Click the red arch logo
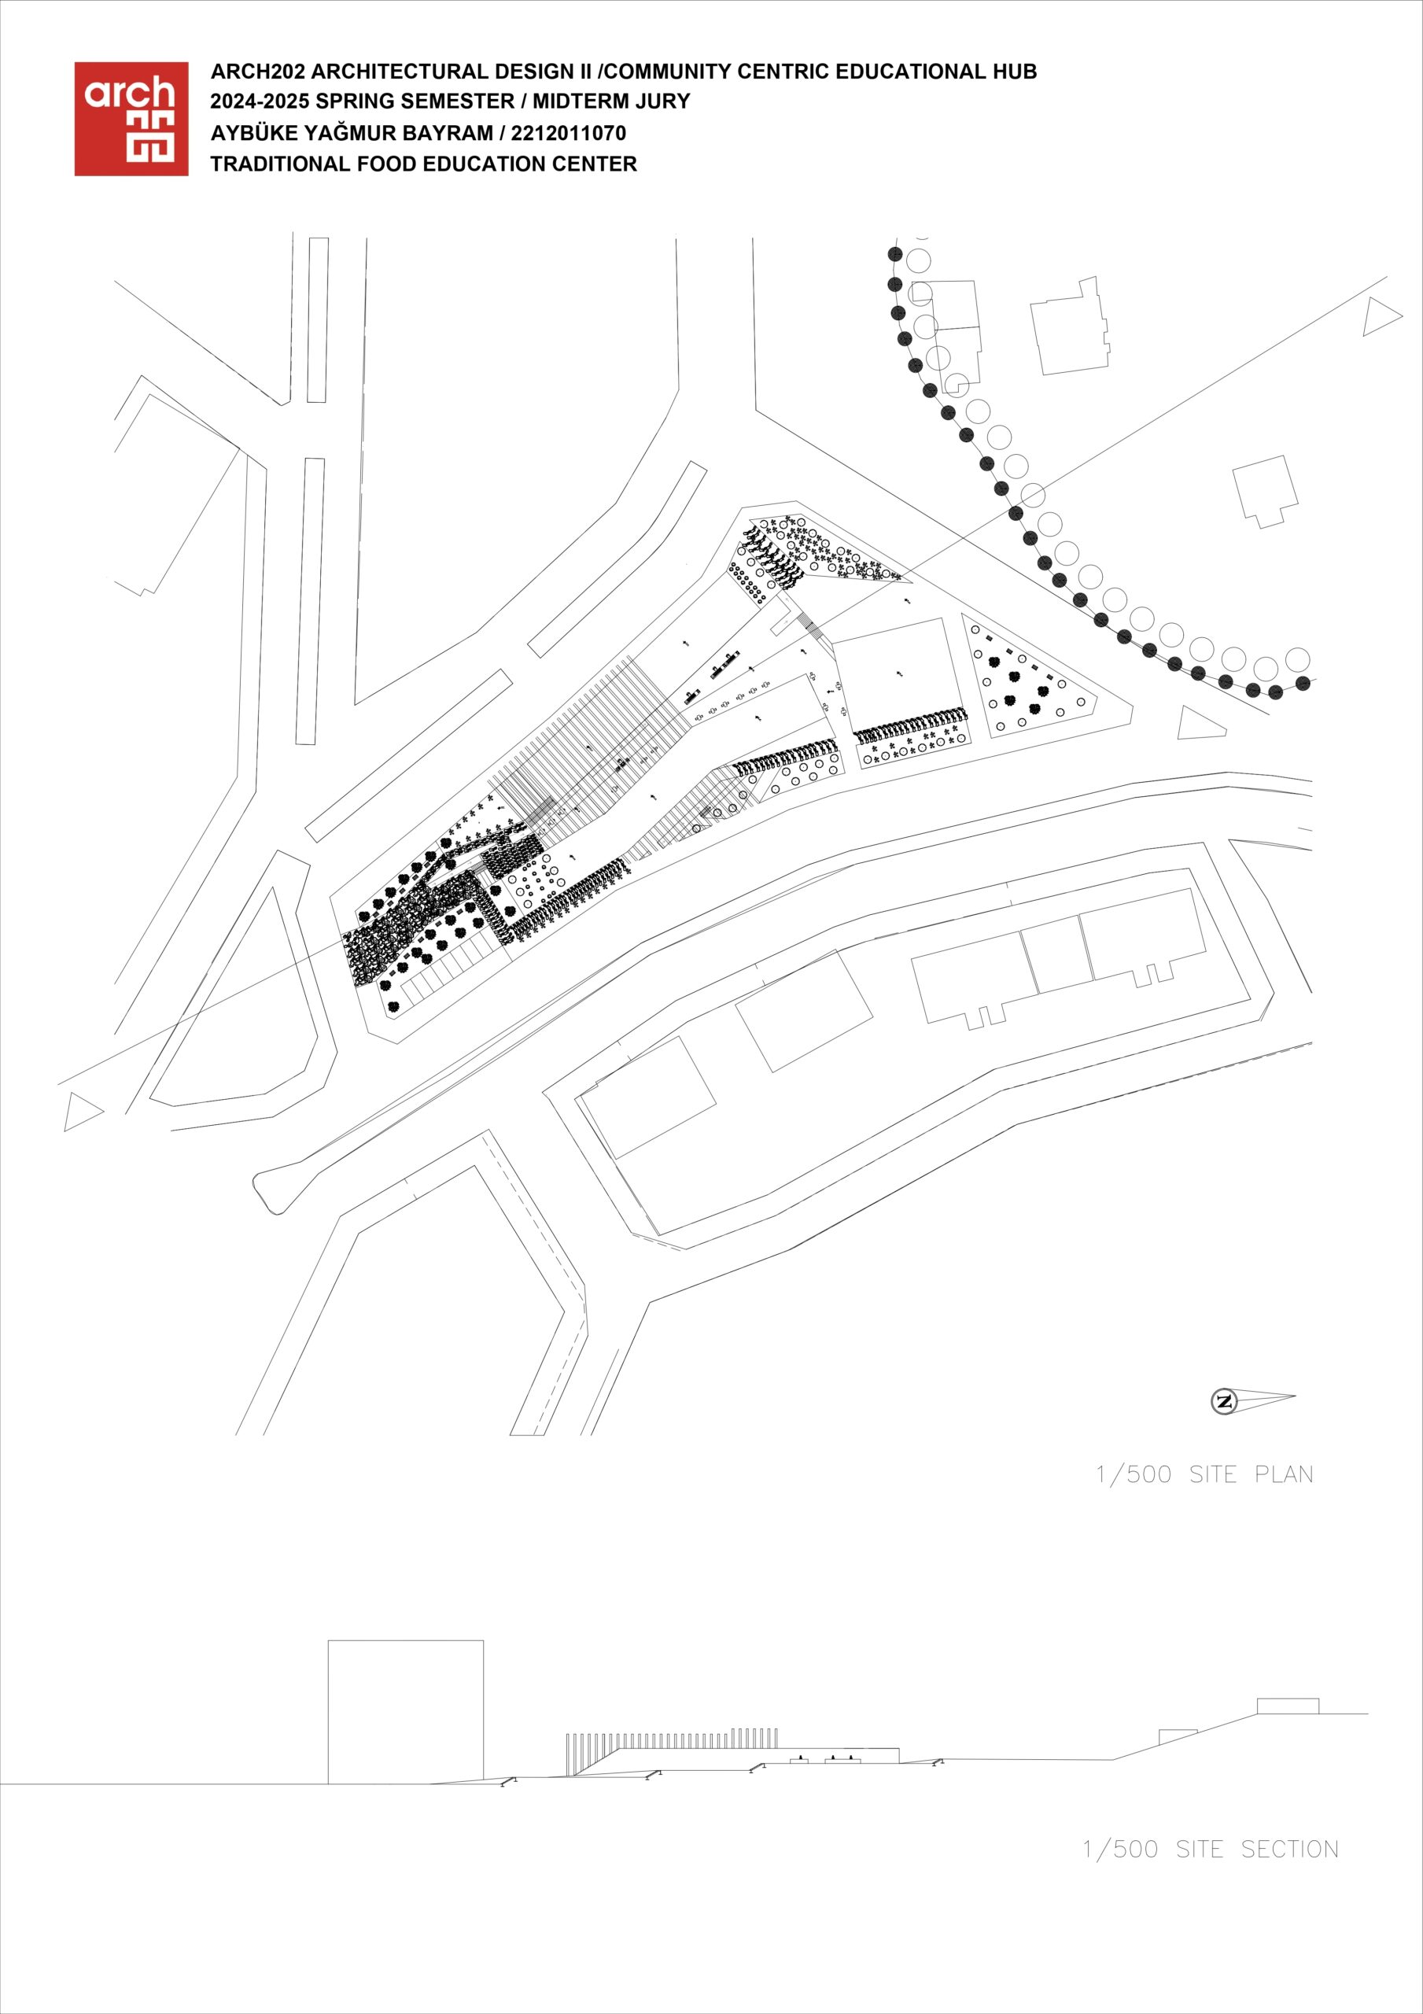point(131,119)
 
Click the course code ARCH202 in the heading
point(257,71)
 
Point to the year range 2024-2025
point(260,101)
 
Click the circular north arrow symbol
point(1224,1401)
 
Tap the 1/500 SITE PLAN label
point(1204,1474)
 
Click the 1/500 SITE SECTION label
point(1211,1849)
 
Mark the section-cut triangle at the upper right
point(1381,317)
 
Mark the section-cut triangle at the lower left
point(83,1112)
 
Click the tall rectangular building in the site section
point(405,1711)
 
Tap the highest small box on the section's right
point(1288,1706)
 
